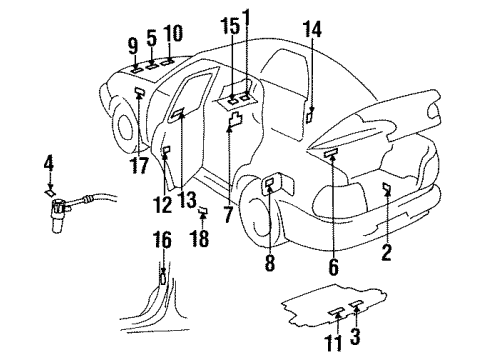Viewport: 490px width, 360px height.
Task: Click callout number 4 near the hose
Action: pyautogui.click(x=48, y=160)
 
